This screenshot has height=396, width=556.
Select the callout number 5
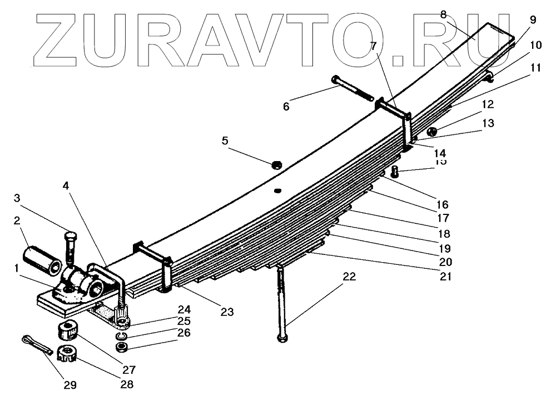pyautogui.click(x=225, y=141)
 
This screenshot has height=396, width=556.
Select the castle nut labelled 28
pyautogui.click(x=67, y=353)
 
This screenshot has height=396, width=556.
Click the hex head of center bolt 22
pyautogui.click(x=282, y=338)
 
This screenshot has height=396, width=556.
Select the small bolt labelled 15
pyautogui.click(x=395, y=172)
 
